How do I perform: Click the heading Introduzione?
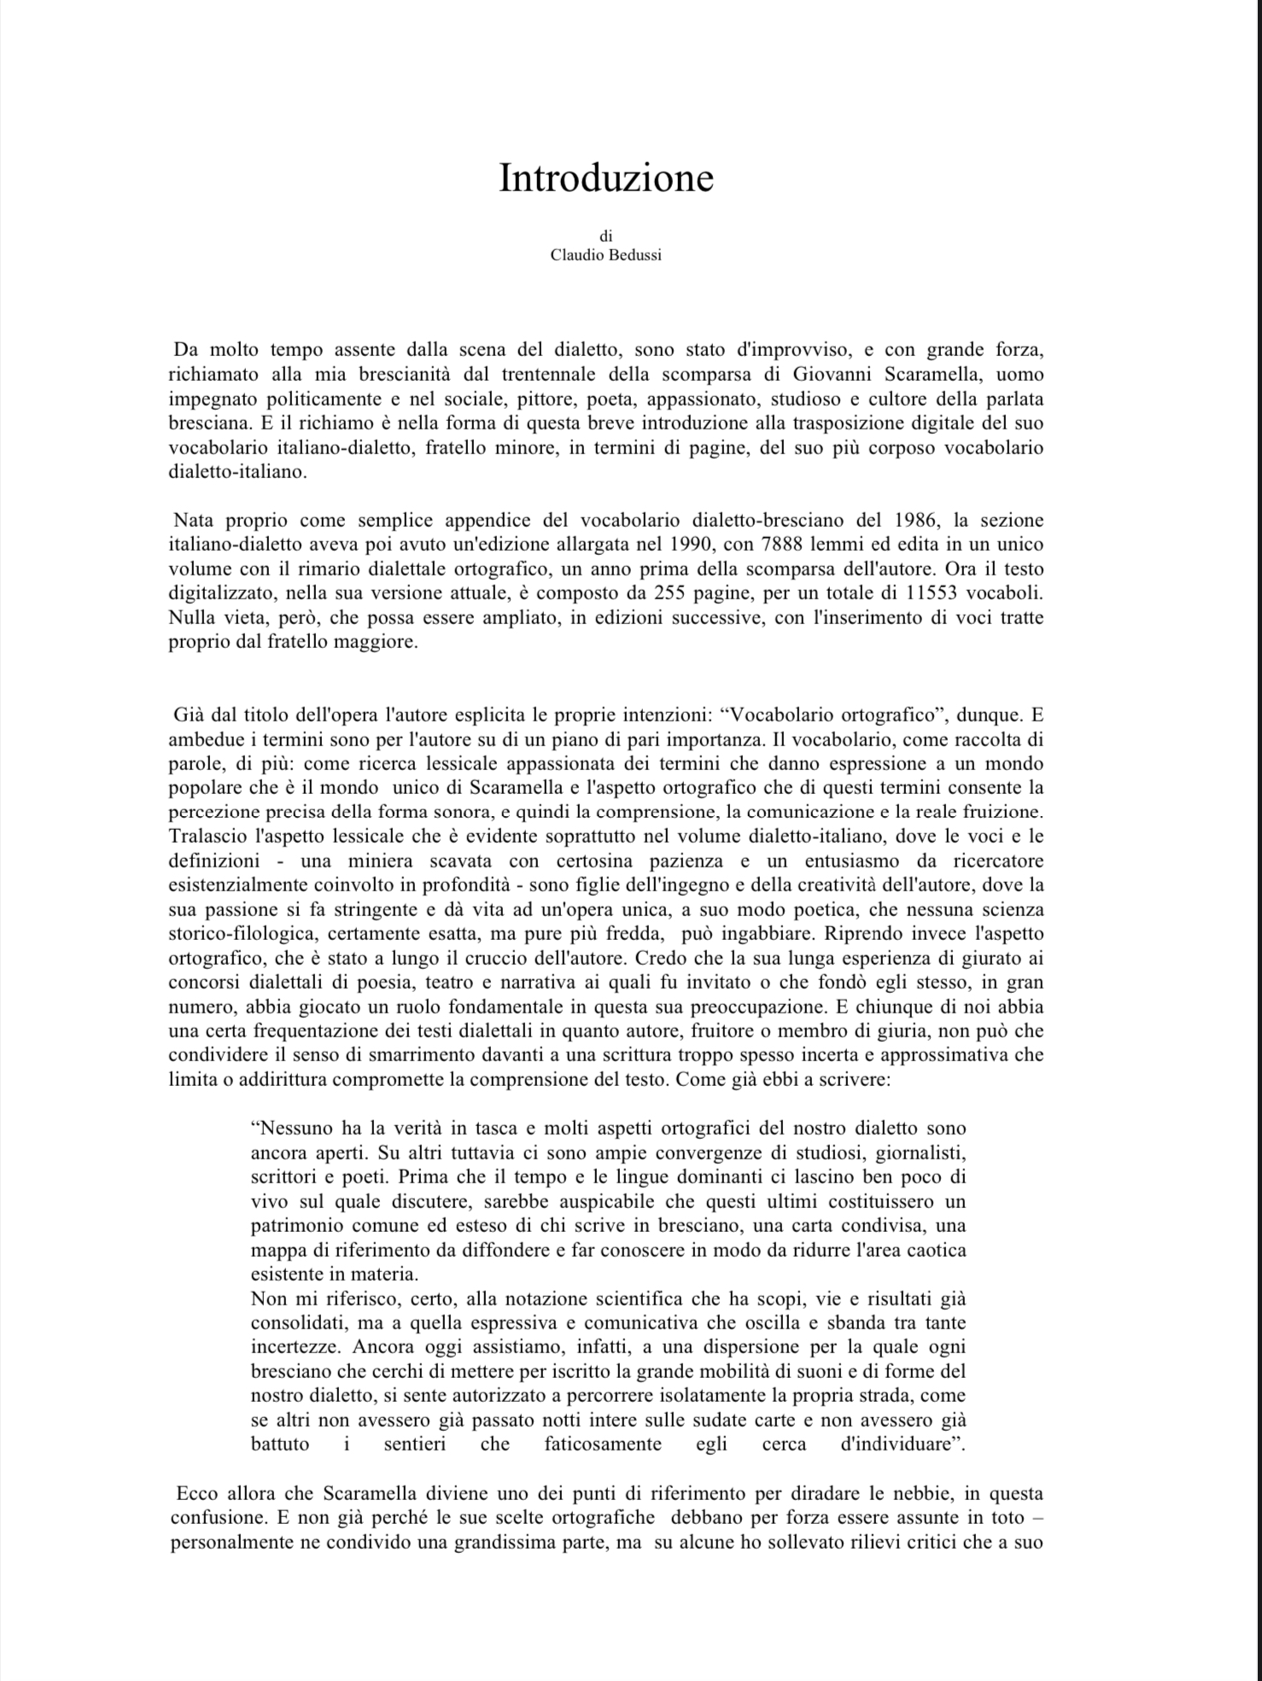[x=605, y=178]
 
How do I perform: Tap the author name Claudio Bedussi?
[x=605, y=255]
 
